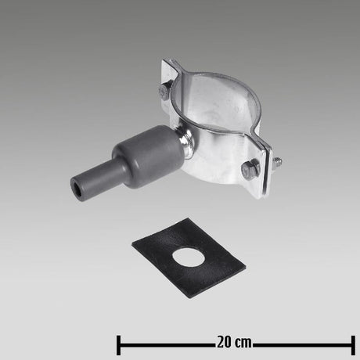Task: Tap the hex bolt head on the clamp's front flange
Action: tap(251, 167)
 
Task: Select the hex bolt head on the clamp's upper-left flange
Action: tap(164, 92)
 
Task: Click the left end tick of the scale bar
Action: tap(118, 342)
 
